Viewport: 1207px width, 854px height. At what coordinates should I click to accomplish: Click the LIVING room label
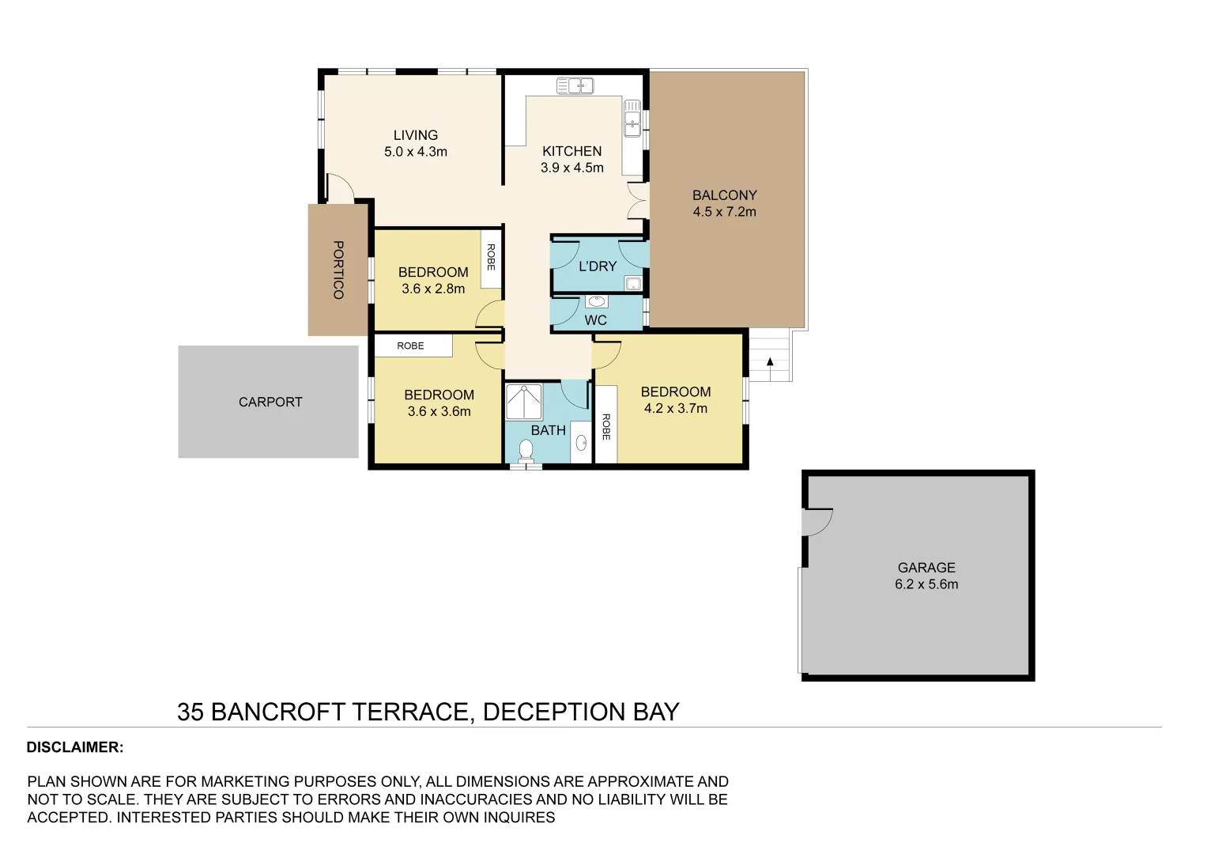click(415, 135)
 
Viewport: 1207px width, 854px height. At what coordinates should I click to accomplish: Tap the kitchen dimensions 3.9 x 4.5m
click(571, 168)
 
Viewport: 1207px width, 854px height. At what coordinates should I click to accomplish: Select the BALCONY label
click(724, 195)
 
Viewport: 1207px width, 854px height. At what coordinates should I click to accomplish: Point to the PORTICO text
click(338, 270)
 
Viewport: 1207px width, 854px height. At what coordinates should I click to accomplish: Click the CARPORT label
click(270, 402)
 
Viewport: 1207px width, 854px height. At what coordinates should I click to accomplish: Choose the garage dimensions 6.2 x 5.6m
click(926, 584)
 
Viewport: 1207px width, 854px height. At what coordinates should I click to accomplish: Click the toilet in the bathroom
click(526, 451)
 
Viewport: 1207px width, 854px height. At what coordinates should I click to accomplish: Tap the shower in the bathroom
click(523, 402)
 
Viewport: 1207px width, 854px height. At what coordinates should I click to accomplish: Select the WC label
click(595, 320)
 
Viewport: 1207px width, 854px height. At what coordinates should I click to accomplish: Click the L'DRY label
click(597, 266)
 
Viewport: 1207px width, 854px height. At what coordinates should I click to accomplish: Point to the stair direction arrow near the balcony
click(770, 362)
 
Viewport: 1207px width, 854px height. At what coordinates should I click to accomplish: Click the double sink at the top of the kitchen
click(575, 85)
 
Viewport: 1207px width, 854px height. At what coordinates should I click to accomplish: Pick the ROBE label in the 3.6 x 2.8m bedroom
click(491, 257)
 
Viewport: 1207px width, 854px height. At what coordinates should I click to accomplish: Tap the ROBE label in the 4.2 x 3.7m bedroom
click(605, 427)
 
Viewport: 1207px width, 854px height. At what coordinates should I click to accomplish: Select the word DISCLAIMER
click(75, 747)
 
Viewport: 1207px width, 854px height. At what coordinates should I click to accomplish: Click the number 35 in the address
click(190, 712)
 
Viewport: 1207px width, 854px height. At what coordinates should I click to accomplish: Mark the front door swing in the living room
click(340, 189)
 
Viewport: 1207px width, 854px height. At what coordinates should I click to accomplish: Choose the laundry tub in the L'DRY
click(632, 284)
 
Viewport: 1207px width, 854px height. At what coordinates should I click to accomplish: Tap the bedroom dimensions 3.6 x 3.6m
click(439, 411)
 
